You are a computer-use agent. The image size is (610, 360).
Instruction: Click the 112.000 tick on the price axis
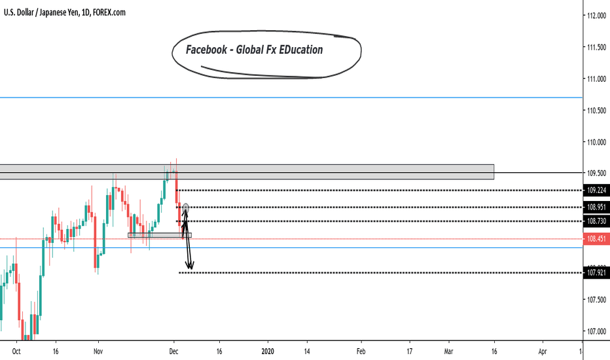pos(596,16)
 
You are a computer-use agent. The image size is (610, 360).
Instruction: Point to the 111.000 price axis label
pos(596,79)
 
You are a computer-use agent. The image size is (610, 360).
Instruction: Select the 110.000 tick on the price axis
pos(596,142)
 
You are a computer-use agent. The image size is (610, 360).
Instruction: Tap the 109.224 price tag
pos(596,190)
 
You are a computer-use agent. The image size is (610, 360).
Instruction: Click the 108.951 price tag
pos(596,207)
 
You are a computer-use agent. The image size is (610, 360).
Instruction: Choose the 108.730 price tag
pos(596,222)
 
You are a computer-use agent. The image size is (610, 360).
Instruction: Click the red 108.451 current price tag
pos(596,240)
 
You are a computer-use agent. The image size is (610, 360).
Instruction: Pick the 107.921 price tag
pos(596,273)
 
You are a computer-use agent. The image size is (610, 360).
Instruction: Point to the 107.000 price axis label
pos(596,331)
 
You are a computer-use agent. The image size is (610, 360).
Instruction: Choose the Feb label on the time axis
pos(361,351)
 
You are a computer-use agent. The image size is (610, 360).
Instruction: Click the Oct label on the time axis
pos(18,351)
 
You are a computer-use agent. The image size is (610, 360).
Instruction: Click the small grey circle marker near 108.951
pos(186,207)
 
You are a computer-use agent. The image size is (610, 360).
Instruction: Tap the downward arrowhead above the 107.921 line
pos(190,266)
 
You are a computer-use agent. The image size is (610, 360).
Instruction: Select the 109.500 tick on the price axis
pos(596,173)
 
